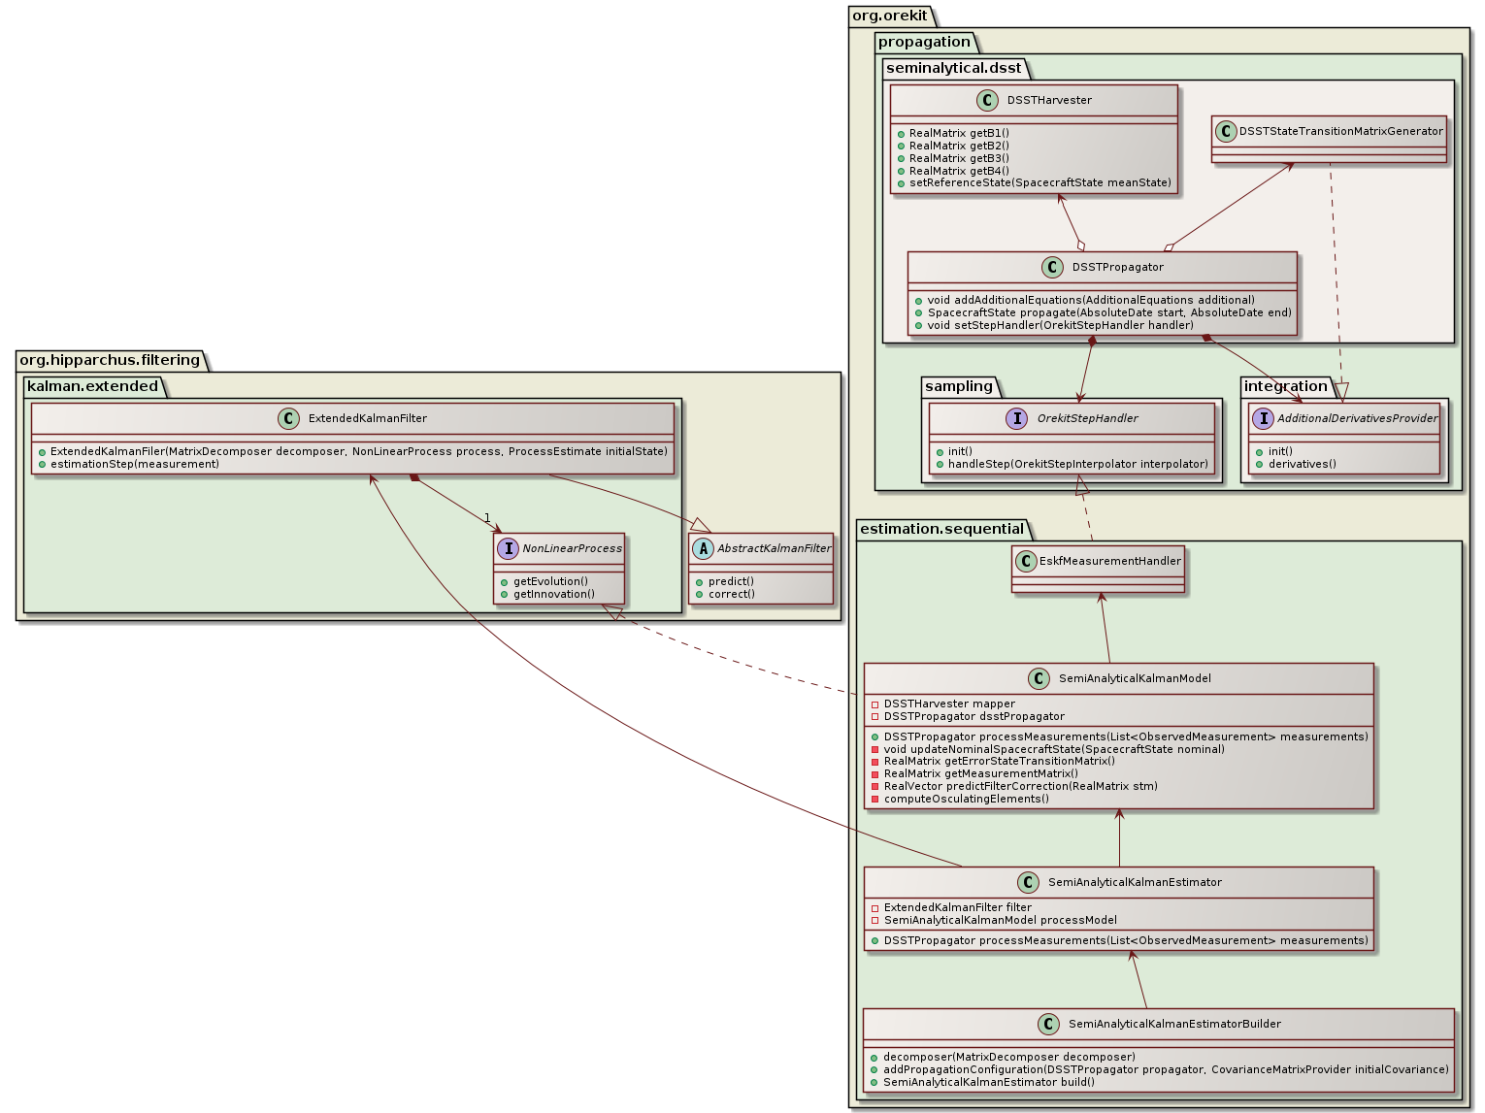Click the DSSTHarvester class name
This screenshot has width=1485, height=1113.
click(x=1048, y=100)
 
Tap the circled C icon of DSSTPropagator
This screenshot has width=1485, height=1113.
click(x=1054, y=267)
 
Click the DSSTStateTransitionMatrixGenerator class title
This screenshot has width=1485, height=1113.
click(x=1340, y=131)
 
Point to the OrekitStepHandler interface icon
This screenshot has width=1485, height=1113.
click(x=1016, y=418)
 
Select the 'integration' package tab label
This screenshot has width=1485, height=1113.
click(x=1285, y=386)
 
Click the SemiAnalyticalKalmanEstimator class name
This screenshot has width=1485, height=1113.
click(x=1134, y=882)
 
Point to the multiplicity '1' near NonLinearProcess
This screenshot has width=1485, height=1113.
click(x=487, y=517)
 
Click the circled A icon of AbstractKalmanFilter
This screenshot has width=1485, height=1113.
click(x=703, y=548)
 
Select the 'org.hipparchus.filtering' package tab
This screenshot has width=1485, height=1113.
click(x=110, y=360)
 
